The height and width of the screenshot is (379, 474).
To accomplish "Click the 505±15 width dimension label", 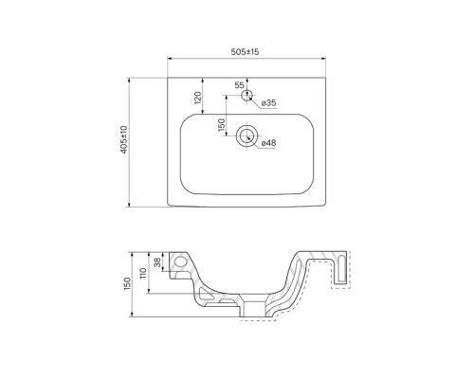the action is pos(245,51).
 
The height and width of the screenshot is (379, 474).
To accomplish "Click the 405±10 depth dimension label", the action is pos(124,139).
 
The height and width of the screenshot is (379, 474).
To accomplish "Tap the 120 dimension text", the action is pos(198,98).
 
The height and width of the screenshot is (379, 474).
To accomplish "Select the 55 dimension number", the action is pos(239,85).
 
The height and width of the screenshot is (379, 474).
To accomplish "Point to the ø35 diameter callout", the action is pos(268,102).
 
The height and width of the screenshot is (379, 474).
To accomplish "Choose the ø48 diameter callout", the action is pos(268,143).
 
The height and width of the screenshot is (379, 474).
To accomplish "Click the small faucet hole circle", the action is pos(247,95).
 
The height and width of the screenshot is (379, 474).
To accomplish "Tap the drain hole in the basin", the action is pos(247,136).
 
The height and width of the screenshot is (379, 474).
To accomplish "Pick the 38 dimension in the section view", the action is pos(157,262).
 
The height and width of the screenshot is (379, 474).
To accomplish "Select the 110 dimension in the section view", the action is pos(143,273).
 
